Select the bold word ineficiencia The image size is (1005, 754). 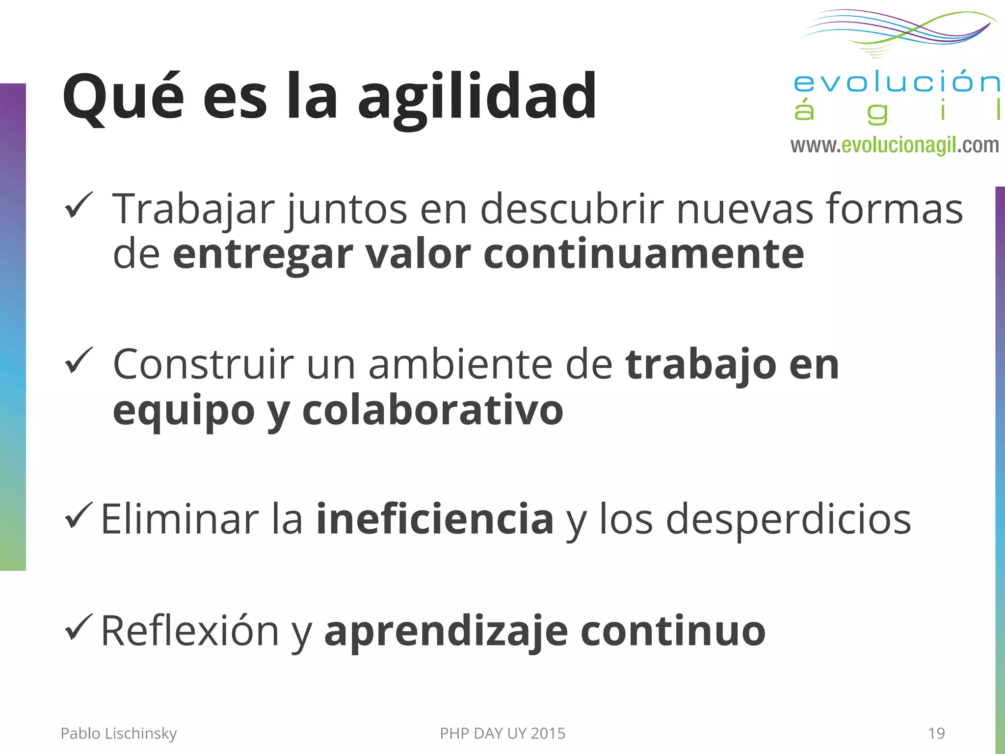[435, 519]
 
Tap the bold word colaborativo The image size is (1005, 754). [432, 410]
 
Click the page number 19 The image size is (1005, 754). [936, 733]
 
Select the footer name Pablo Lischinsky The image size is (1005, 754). [118, 733]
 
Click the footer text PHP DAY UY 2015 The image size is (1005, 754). [502, 733]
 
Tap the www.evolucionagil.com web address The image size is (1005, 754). [894, 145]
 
